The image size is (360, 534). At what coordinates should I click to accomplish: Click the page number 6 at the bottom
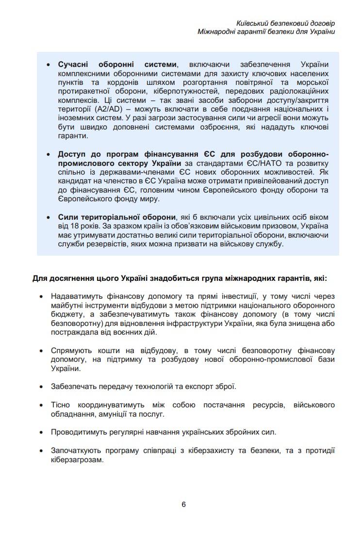point(183,504)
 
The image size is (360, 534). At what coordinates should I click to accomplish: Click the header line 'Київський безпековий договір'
point(286,23)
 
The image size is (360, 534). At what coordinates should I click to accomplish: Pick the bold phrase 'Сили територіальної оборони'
point(116,217)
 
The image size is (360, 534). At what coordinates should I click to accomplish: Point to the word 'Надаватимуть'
point(74,296)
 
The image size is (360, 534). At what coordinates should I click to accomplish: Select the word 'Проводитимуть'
point(75,432)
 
